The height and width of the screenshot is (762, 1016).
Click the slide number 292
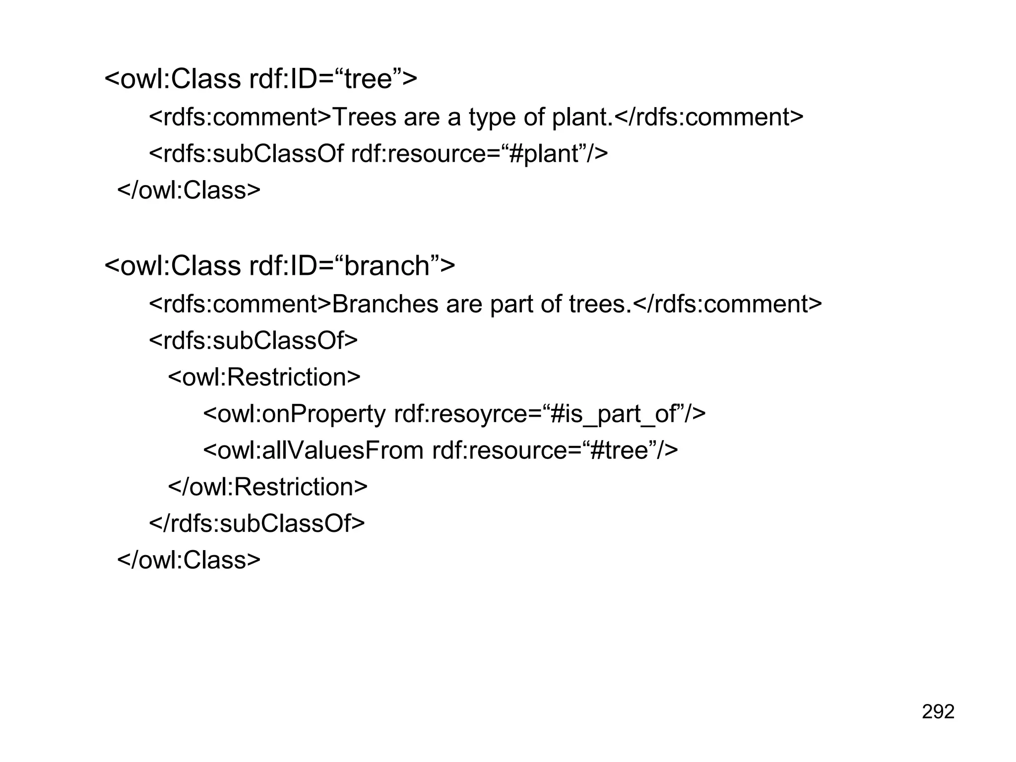[938, 711]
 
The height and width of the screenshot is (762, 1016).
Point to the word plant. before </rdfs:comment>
[582, 118]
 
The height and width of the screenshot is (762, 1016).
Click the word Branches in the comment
[384, 304]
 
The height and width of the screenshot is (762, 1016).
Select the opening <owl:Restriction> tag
[264, 377]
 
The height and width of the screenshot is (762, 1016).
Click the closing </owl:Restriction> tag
[268, 487]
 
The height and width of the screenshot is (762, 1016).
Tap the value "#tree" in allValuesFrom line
[620, 450]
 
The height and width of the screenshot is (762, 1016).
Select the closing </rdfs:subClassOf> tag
[257, 523]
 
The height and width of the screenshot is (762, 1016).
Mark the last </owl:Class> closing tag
[189, 560]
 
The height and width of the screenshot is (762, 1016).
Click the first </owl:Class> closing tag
[189, 190]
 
